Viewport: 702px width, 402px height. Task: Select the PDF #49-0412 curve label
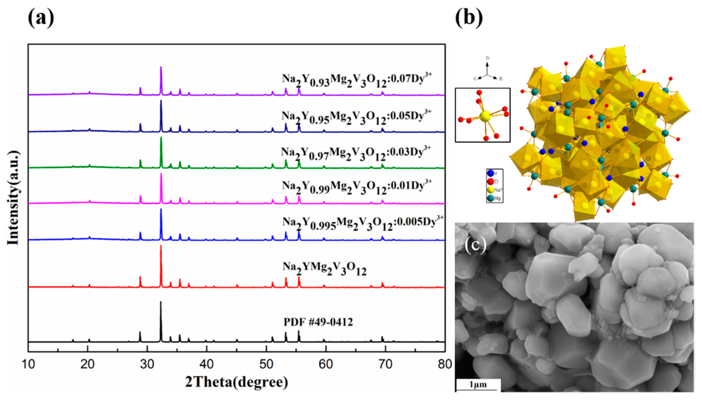[318, 322]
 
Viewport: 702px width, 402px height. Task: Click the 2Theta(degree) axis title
[236, 383]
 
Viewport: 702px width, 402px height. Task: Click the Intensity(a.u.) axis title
[13, 198]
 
